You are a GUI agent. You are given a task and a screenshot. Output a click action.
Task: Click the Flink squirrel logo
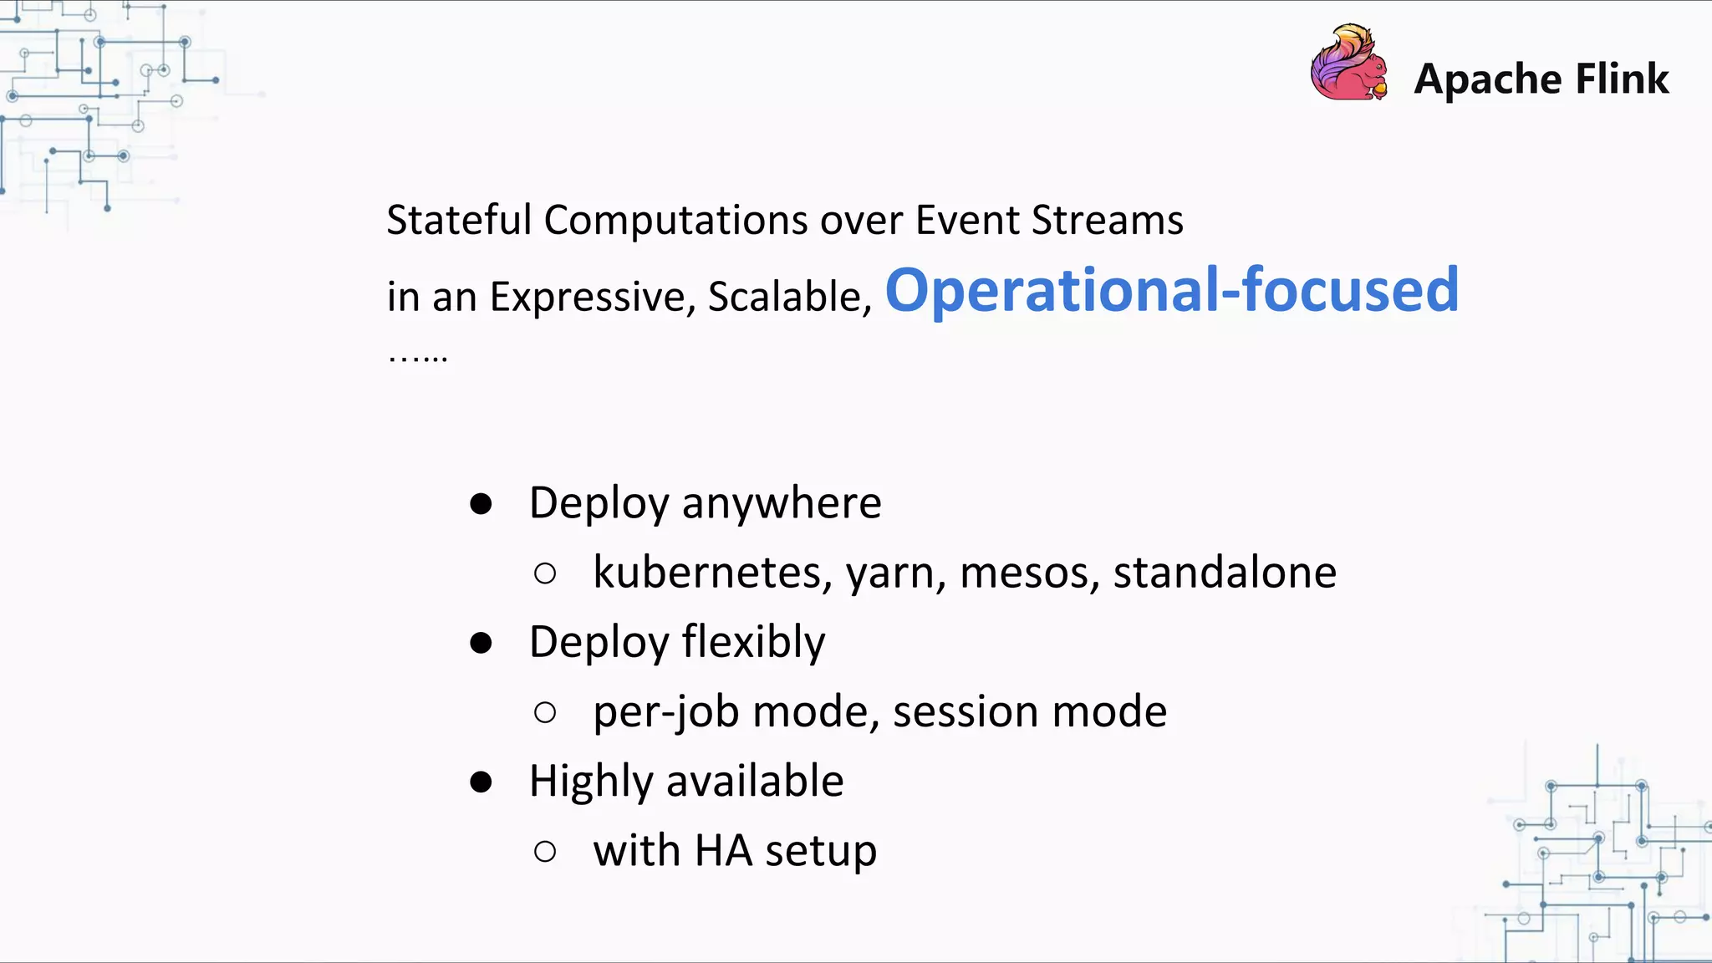[x=1348, y=64]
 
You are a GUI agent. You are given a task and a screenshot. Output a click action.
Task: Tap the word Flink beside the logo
[x=1622, y=79]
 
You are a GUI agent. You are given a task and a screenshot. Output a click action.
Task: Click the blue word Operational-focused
[x=1172, y=290]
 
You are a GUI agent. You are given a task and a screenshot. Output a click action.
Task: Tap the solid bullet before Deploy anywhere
[x=481, y=504]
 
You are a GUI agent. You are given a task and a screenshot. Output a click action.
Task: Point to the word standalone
[x=1224, y=573]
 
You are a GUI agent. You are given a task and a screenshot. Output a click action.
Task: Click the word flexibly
[x=753, y=643]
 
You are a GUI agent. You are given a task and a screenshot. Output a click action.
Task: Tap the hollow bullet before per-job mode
[x=545, y=712]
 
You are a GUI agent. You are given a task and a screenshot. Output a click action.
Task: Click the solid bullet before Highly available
[x=481, y=782]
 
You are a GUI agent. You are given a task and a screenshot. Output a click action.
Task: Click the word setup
[x=820, y=851]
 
